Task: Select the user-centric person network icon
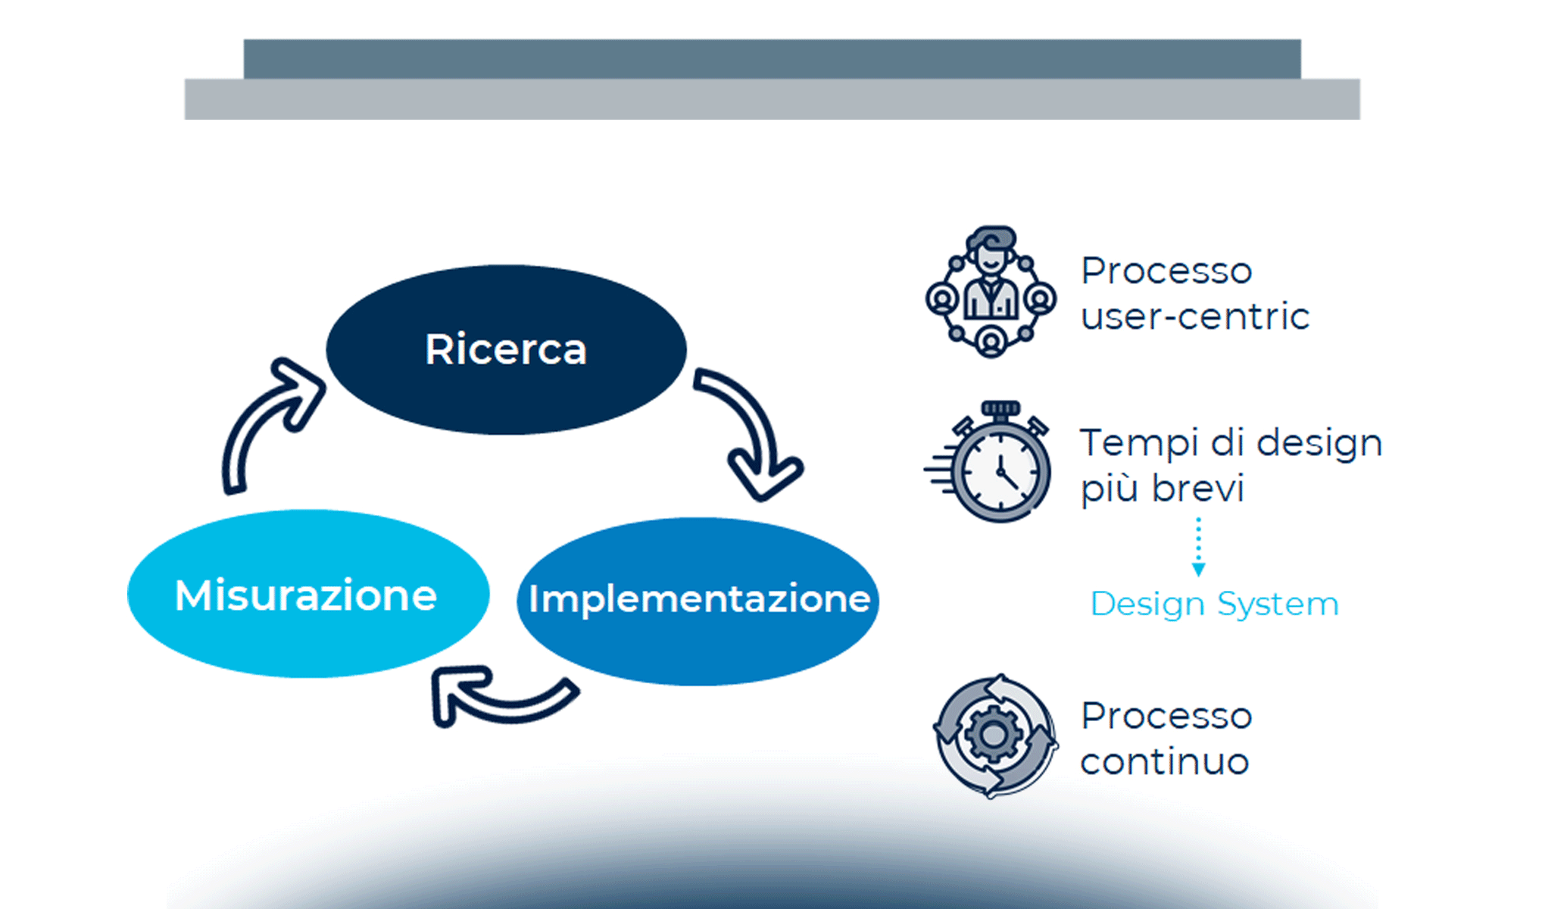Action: tap(991, 292)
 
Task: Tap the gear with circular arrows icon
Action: tap(994, 736)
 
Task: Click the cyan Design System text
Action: tap(1214, 604)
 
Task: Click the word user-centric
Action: tap(1194, 317)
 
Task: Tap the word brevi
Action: tap(1198, 488)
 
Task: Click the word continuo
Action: tap(1164, 761)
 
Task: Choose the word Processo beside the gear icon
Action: tap(1166, 716)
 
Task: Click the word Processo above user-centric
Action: tap(1166, 271)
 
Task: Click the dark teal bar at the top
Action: tap(772, 58)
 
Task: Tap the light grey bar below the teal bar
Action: tap(772, 99)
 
